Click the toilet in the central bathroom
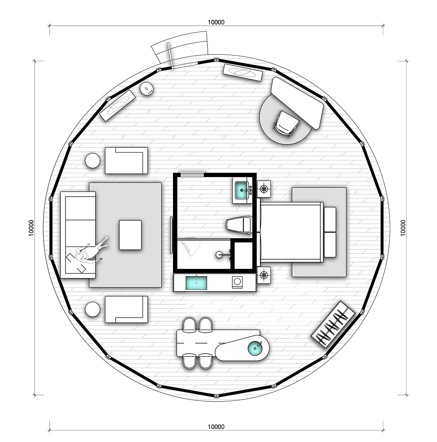tap(239, 225)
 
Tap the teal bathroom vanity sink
tap(242, 190)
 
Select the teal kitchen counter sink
tap(196, 283)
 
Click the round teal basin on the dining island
tap(255, 348)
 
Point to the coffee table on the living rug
tap(130, 235)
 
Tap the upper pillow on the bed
tap(330, 219)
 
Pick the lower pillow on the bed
tap(330, 245)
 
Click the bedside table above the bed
tap(264, 188)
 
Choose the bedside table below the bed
tap(264, 275)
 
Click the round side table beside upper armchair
tap(92, 161)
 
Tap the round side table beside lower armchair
tap(92, 309)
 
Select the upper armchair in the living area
tap(126, 160)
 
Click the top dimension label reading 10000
tap(216, 22)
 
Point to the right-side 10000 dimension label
tap(403, 228)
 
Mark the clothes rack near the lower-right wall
tap(333, 324)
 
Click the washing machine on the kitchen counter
tap(237, 282)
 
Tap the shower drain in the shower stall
tap(218, 255)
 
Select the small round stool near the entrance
tap(147, 89)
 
